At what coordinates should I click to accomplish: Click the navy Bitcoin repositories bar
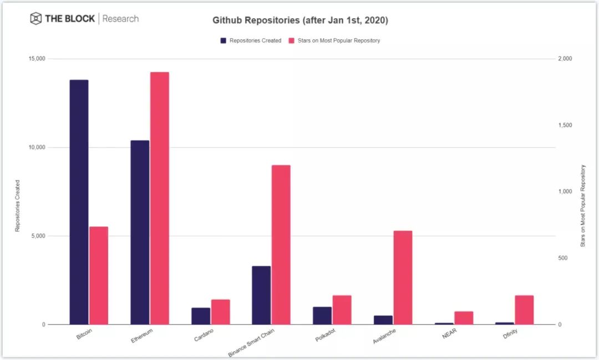(79, 202)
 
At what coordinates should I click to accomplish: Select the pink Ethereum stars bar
(159, 198)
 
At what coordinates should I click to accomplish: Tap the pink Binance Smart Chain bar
(281, 245)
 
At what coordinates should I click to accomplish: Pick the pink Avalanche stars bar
(403, 277)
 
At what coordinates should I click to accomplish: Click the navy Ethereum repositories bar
(140, 232)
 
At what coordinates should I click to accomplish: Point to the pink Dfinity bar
(524, 310)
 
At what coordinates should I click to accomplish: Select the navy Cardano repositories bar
(201, 316)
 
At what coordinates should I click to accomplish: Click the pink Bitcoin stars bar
(99, 275)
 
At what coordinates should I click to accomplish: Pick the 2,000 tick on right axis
(565, 59)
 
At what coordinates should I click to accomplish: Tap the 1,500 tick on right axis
(565, 125)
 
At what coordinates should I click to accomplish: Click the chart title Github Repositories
(300, 21)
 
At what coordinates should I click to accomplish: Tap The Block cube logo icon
(36, 19)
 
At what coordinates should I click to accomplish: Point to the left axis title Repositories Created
(17, 205)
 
